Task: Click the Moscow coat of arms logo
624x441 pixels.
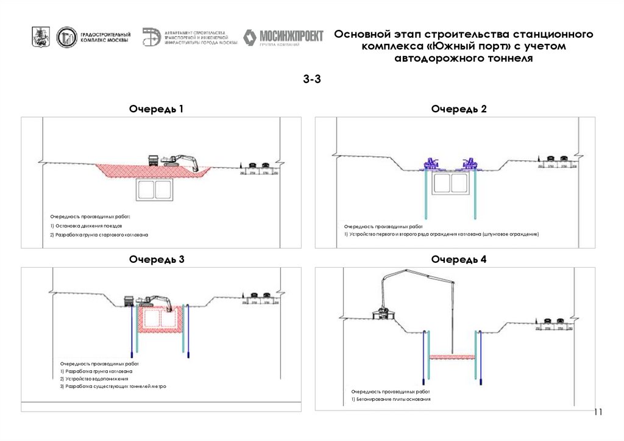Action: [41, 38]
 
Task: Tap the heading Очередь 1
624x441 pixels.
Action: [156, 109]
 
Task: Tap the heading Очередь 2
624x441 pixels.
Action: [459, 109]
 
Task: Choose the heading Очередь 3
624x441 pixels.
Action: [156, 259]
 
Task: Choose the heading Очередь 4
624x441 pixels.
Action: [459, 259]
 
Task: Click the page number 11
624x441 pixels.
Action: [598, 412]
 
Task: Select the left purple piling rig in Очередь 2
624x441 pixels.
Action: [432, 164]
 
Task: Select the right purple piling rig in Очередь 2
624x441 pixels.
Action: [470, 164]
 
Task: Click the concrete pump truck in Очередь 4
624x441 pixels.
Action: [384, 312]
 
